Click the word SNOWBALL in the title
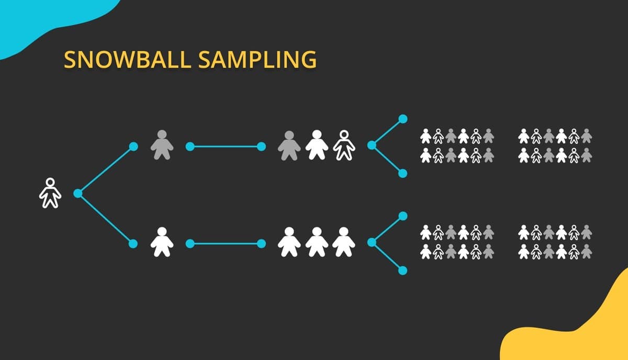[x=128, y=60]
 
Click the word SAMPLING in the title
[x=257, y=60]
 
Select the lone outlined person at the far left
[x=50, y=193]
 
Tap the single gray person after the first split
[x=162, y=145]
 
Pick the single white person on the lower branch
[x=162, y=242]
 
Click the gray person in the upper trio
[x=289, y=146]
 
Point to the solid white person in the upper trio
[x=317, y=145]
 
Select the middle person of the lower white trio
[x=317, y=242]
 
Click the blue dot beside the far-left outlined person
[x=77, y=194]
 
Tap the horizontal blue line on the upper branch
[x=226, y=147]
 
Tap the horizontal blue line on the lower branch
[x=226, y=244]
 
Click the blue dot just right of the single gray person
[x=190, y=147]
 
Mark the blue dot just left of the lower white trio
[x=261, y=244]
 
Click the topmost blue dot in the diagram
[x=403, y=119]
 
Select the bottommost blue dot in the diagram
[x=402, y=271]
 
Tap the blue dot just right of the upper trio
[x=372, y=145]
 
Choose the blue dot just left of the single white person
[x=133, y=244]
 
